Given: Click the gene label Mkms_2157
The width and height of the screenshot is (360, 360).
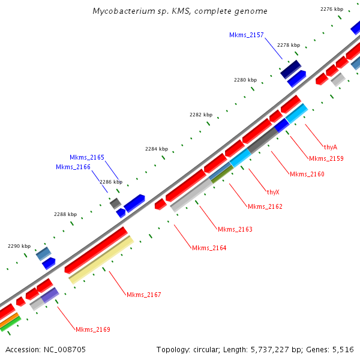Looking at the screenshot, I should click(x=246, y=35).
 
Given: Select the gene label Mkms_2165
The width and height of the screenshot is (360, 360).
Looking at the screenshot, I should click(x=86, y=157).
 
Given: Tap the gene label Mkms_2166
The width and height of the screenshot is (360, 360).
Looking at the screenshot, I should click(x=73, y=167).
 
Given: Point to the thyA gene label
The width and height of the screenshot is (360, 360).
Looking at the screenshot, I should click(x=330, y=147).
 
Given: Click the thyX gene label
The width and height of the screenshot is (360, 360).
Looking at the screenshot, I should click(x=273, y=193).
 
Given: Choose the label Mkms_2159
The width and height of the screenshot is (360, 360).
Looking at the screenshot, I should click(x=326, y=159).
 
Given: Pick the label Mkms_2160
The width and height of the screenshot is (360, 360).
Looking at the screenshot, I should click(x=307, y=175).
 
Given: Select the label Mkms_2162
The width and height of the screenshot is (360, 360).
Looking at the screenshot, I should click(x=265, y=207).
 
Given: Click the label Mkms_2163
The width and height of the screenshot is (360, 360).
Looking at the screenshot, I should click(x=235, y=230).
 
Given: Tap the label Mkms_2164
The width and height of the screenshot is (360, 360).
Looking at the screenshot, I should click(x=209, y=248).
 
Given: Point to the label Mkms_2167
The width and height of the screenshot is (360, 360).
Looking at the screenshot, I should click(x=143, y=295).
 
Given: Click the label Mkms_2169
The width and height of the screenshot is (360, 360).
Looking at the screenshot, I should click(x=92, y=329).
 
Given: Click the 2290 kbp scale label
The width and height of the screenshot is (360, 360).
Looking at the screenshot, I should click(x=18, y=246).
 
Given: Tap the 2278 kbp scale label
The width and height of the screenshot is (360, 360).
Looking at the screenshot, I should click(x=288, y=45).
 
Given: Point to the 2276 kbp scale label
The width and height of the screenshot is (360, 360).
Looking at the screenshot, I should click(x=332, y=9).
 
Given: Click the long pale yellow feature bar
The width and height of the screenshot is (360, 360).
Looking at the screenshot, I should click(x=101, y=259).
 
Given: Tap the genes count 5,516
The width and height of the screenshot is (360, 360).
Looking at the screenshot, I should click(x=342, y=349).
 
